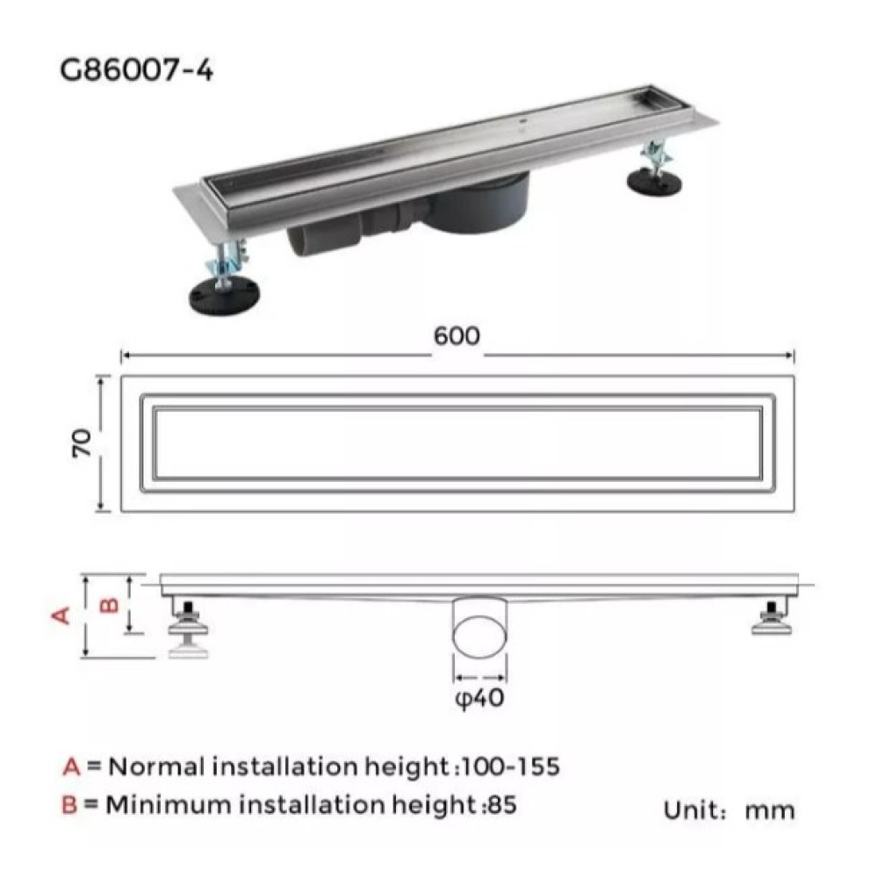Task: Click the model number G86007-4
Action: click(137, 70)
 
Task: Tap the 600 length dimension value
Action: click(457, 336)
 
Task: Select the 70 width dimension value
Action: click(83, 443)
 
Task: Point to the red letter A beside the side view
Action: click(61, 615)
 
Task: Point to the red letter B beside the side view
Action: click(109, 605)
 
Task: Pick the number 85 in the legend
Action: click(501, 805)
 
